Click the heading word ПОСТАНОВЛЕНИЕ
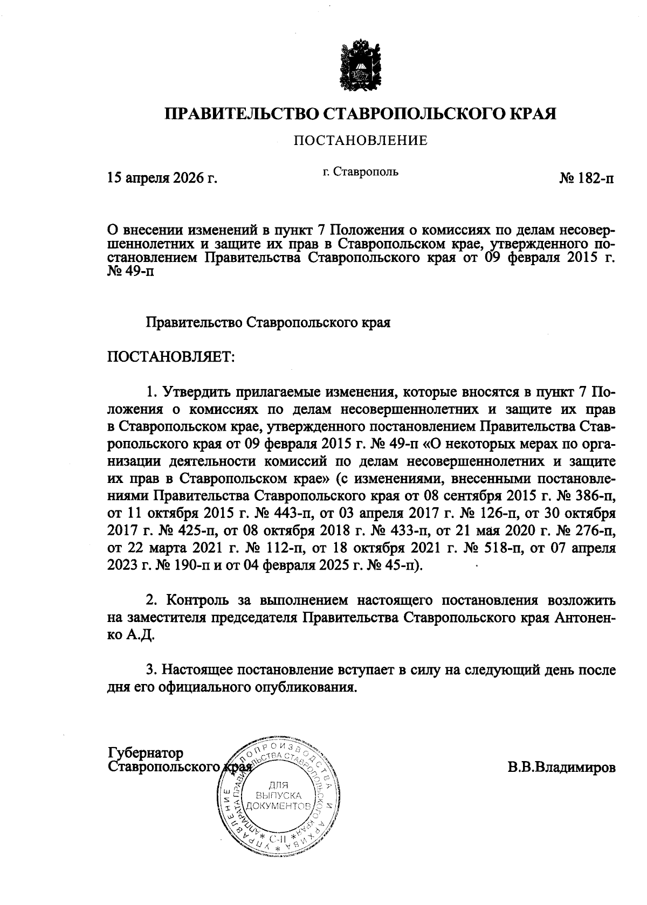point(360,141)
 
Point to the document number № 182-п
point(587,177)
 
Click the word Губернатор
point(146,753)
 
